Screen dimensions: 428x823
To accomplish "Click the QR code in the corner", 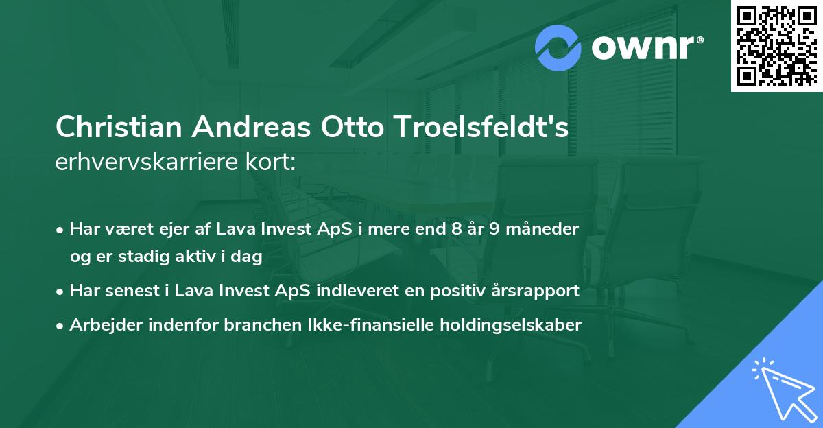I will point(776,45).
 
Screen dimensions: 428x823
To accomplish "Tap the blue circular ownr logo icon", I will point(559,47).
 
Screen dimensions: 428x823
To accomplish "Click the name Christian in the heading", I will point(118,128).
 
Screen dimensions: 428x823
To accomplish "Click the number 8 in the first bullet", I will point(455,228).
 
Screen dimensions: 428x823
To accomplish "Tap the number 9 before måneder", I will point(493,228).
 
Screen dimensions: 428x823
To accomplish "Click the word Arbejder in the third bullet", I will point(101,325).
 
